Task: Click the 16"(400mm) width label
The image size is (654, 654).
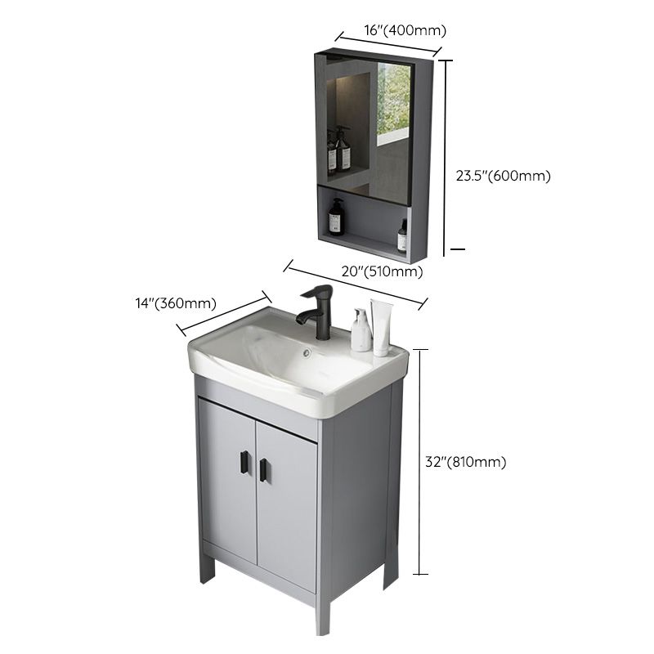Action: pos(393,30)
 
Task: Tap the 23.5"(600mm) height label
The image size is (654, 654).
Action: pos(503,175)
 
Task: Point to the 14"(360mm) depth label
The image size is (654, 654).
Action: pos(177,303)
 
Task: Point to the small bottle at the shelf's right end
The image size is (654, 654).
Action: pos(402,236)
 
